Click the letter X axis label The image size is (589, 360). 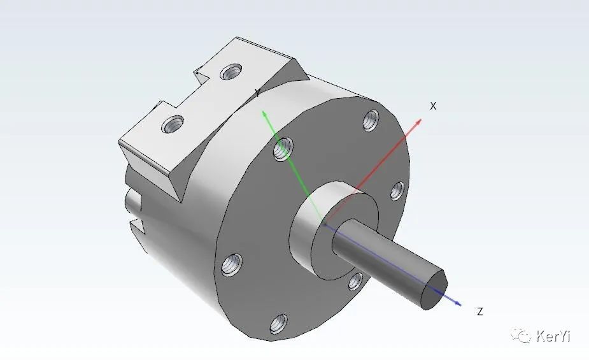click(x=433, y=106)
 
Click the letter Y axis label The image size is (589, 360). click(x=257, y=93)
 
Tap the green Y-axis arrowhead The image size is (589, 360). click(x=263, y=113)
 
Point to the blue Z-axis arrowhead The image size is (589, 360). click(x=457, y=302)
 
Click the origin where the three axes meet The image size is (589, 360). click(x=325, y=224)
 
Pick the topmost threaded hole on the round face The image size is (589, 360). click(x=371, y=119)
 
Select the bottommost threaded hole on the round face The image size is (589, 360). click(x=278, y=324)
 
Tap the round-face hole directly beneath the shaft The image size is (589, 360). click(x=355, y=281)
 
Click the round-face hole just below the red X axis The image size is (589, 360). click(x=396, y=191)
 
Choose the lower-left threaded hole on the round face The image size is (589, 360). click(x=231, y=263)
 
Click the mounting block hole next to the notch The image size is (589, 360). click(x=229, y=71)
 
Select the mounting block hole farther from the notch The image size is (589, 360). click(x=173, y=124)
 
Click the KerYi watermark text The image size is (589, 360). click(x=553, y=336)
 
